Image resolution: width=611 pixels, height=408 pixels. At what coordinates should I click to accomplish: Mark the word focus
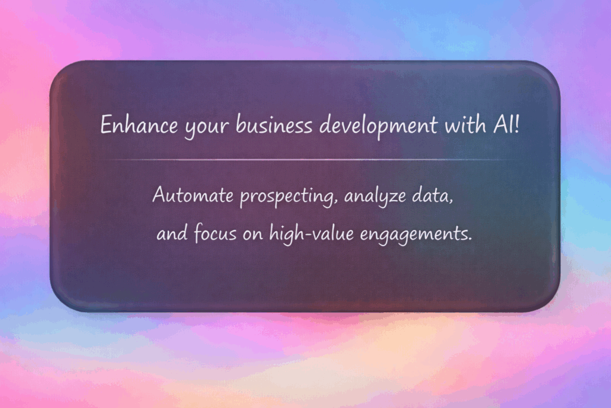pos(214,234)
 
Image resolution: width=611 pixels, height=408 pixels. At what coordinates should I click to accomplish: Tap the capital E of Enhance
pos(105,125)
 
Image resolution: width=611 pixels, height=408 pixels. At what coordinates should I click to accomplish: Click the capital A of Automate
pos(159,195)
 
